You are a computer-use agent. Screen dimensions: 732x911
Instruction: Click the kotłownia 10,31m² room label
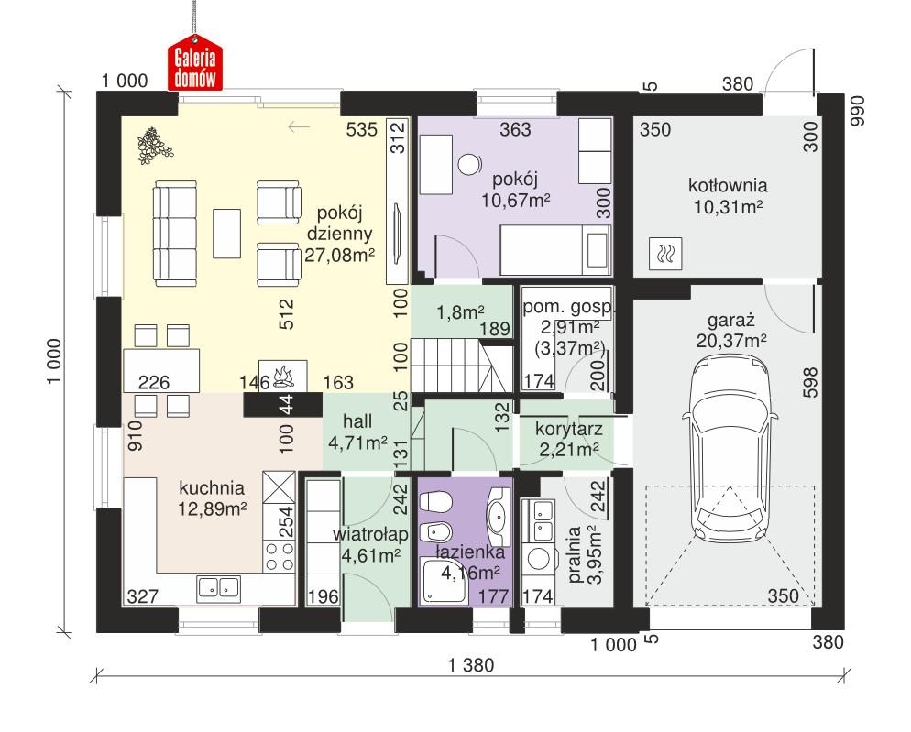tap(728, 196)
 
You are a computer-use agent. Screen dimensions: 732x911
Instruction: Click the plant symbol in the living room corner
tap(149, 145)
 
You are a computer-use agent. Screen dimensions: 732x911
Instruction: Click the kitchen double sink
tap(216, 587)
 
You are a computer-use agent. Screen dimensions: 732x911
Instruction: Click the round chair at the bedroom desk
tap(470, 164)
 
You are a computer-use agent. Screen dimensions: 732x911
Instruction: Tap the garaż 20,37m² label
tap(730, 331)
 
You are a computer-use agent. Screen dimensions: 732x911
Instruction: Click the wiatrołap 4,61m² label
tap(371, 542)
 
